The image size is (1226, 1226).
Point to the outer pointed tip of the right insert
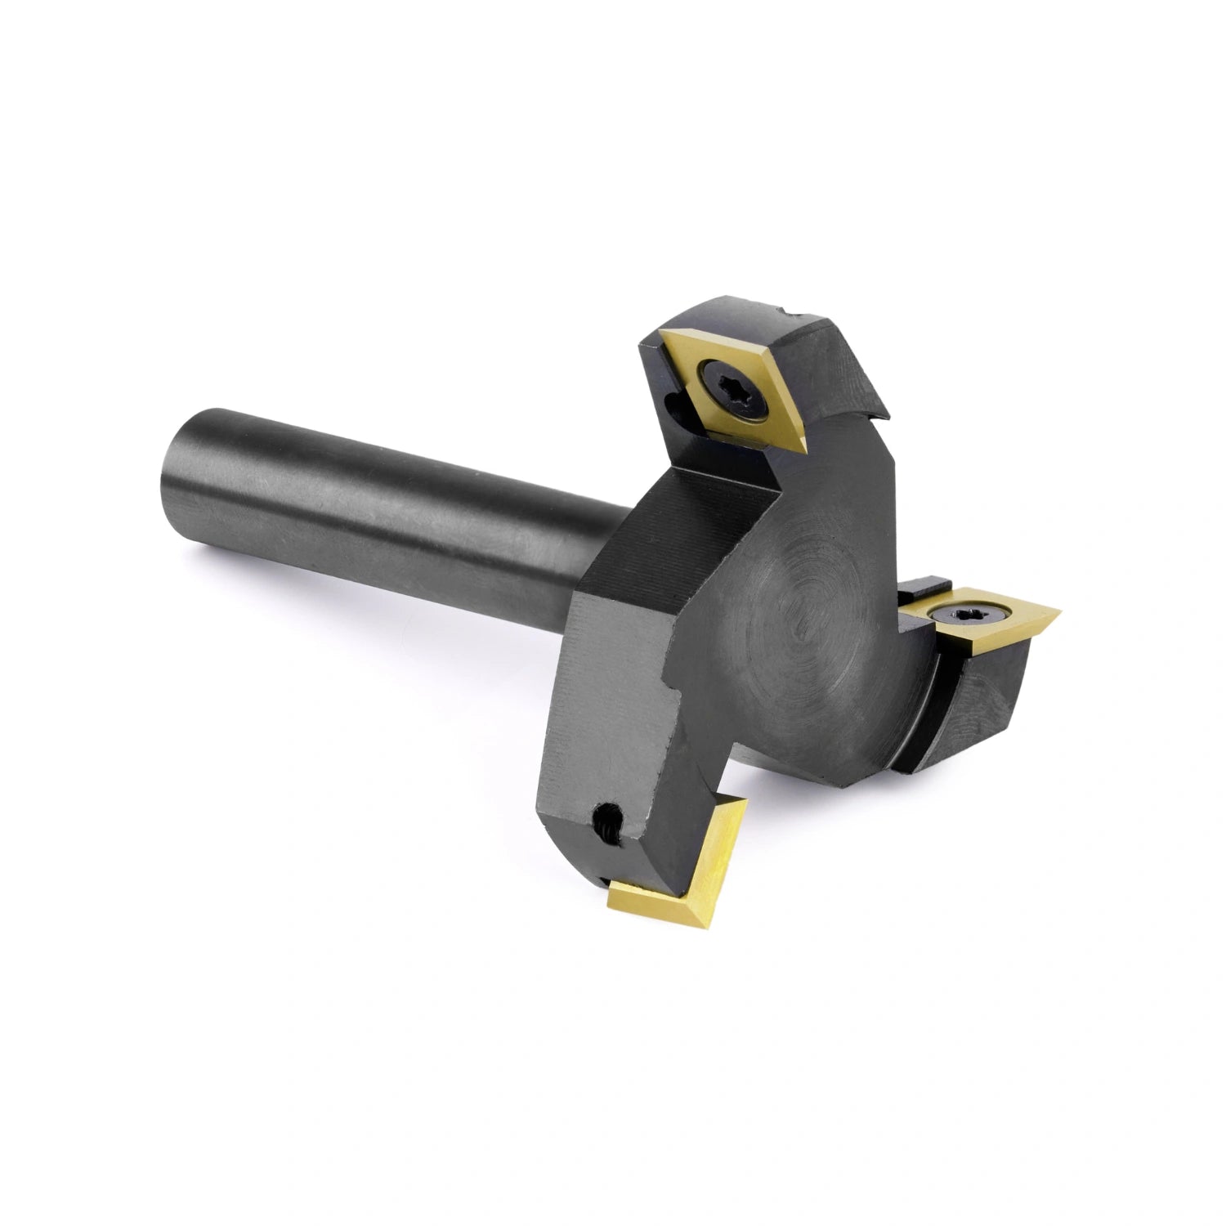pyautogui.click(x=1058, y=609)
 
